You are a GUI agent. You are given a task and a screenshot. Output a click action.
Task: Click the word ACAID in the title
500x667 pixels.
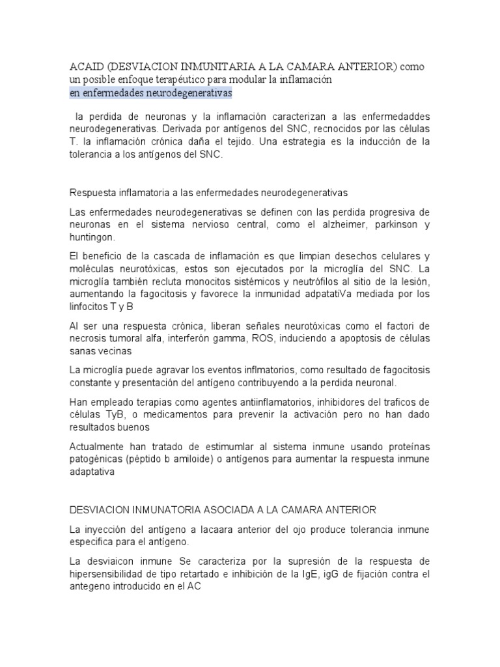click(86, 67)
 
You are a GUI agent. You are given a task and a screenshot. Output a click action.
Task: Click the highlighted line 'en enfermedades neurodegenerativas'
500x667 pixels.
click(150, 93)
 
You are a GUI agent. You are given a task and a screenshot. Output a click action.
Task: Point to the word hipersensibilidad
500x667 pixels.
click(108, 573)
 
